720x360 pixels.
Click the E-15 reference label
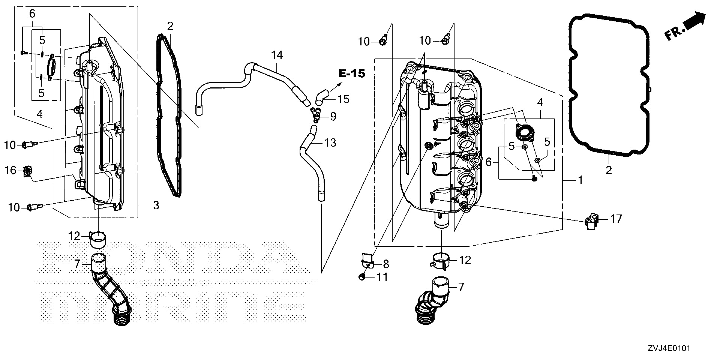tap(351, 74)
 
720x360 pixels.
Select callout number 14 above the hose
tap(277, 55)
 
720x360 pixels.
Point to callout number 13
tap(330, 142)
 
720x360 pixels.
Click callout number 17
tap(616, 218)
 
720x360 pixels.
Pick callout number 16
tap(10, 171)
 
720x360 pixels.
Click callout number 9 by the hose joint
tap(333, 117)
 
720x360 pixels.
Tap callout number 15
tap(343, 99)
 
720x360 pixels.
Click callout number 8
tap(385, 264)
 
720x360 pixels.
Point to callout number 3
tap(156, 205)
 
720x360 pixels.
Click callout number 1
tap(580, 180)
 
